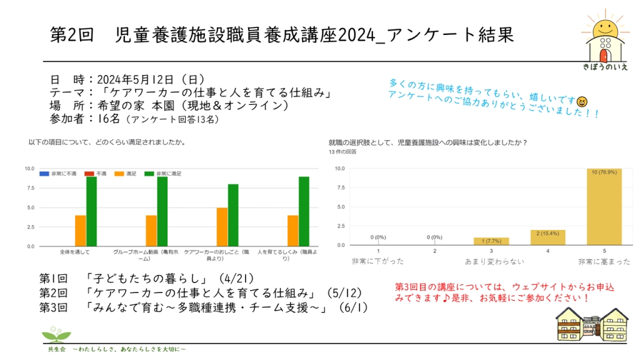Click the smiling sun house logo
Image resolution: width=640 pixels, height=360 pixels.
(x=604, y=39)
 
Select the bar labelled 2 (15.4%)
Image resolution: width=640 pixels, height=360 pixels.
(x=547, y=237)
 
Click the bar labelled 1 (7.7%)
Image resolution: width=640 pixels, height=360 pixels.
(x=491, y=242)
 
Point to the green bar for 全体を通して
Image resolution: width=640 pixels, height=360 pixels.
(x=91, y=211)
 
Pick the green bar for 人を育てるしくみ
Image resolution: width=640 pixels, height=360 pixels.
(x=304, y=211)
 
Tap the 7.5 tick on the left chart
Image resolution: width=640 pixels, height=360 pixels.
(x=29, y=188)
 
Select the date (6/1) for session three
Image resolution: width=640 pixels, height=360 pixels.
(x=351, y=307)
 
